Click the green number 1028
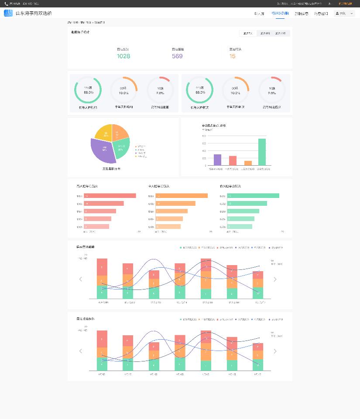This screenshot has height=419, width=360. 123,56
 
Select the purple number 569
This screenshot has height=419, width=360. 177,56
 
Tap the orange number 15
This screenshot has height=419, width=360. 232,56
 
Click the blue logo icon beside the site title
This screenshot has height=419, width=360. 8,13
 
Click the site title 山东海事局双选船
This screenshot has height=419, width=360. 34,14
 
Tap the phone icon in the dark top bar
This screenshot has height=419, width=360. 6,3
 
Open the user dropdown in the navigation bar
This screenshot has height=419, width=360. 344,14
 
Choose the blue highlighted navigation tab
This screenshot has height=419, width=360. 280,14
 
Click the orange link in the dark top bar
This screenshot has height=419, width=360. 345,3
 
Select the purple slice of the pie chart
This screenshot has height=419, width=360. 103,150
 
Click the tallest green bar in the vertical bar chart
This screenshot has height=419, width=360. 262,152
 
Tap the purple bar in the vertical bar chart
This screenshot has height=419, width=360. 217,160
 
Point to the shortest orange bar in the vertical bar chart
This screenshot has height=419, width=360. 248,163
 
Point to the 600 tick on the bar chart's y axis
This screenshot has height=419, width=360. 204,136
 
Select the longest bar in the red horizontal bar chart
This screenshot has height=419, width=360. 110,196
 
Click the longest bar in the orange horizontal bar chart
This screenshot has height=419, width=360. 182,196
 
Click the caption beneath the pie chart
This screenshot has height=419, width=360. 112,168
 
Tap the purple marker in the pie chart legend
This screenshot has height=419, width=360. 136,153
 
